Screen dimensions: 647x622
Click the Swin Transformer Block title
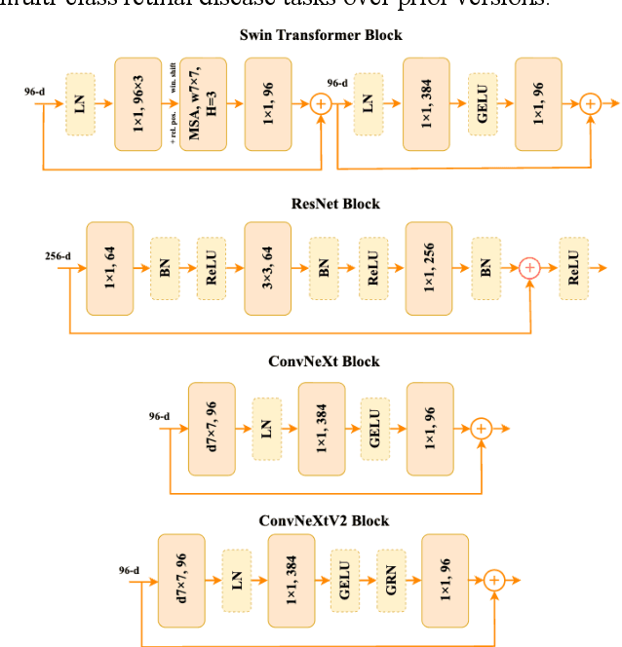321,35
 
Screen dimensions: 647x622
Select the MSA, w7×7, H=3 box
203,103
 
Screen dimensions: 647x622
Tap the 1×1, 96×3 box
137,103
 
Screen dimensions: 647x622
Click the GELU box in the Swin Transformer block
483,103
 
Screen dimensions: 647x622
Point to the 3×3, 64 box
268,268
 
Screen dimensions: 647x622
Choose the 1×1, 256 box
429,268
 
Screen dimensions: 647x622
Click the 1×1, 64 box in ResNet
109,268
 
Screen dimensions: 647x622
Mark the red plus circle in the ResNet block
529,267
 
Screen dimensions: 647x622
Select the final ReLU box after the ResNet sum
574,267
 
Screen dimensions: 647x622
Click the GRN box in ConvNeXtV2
391,581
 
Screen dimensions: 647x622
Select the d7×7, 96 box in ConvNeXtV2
181,581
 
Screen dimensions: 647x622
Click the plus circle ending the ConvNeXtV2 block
494,581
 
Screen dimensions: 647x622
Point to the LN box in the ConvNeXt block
267,429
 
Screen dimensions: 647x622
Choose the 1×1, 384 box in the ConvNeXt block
322,429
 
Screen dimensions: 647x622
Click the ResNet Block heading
322,204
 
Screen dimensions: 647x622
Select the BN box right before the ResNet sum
485,267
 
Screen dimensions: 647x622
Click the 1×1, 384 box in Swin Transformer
426,103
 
